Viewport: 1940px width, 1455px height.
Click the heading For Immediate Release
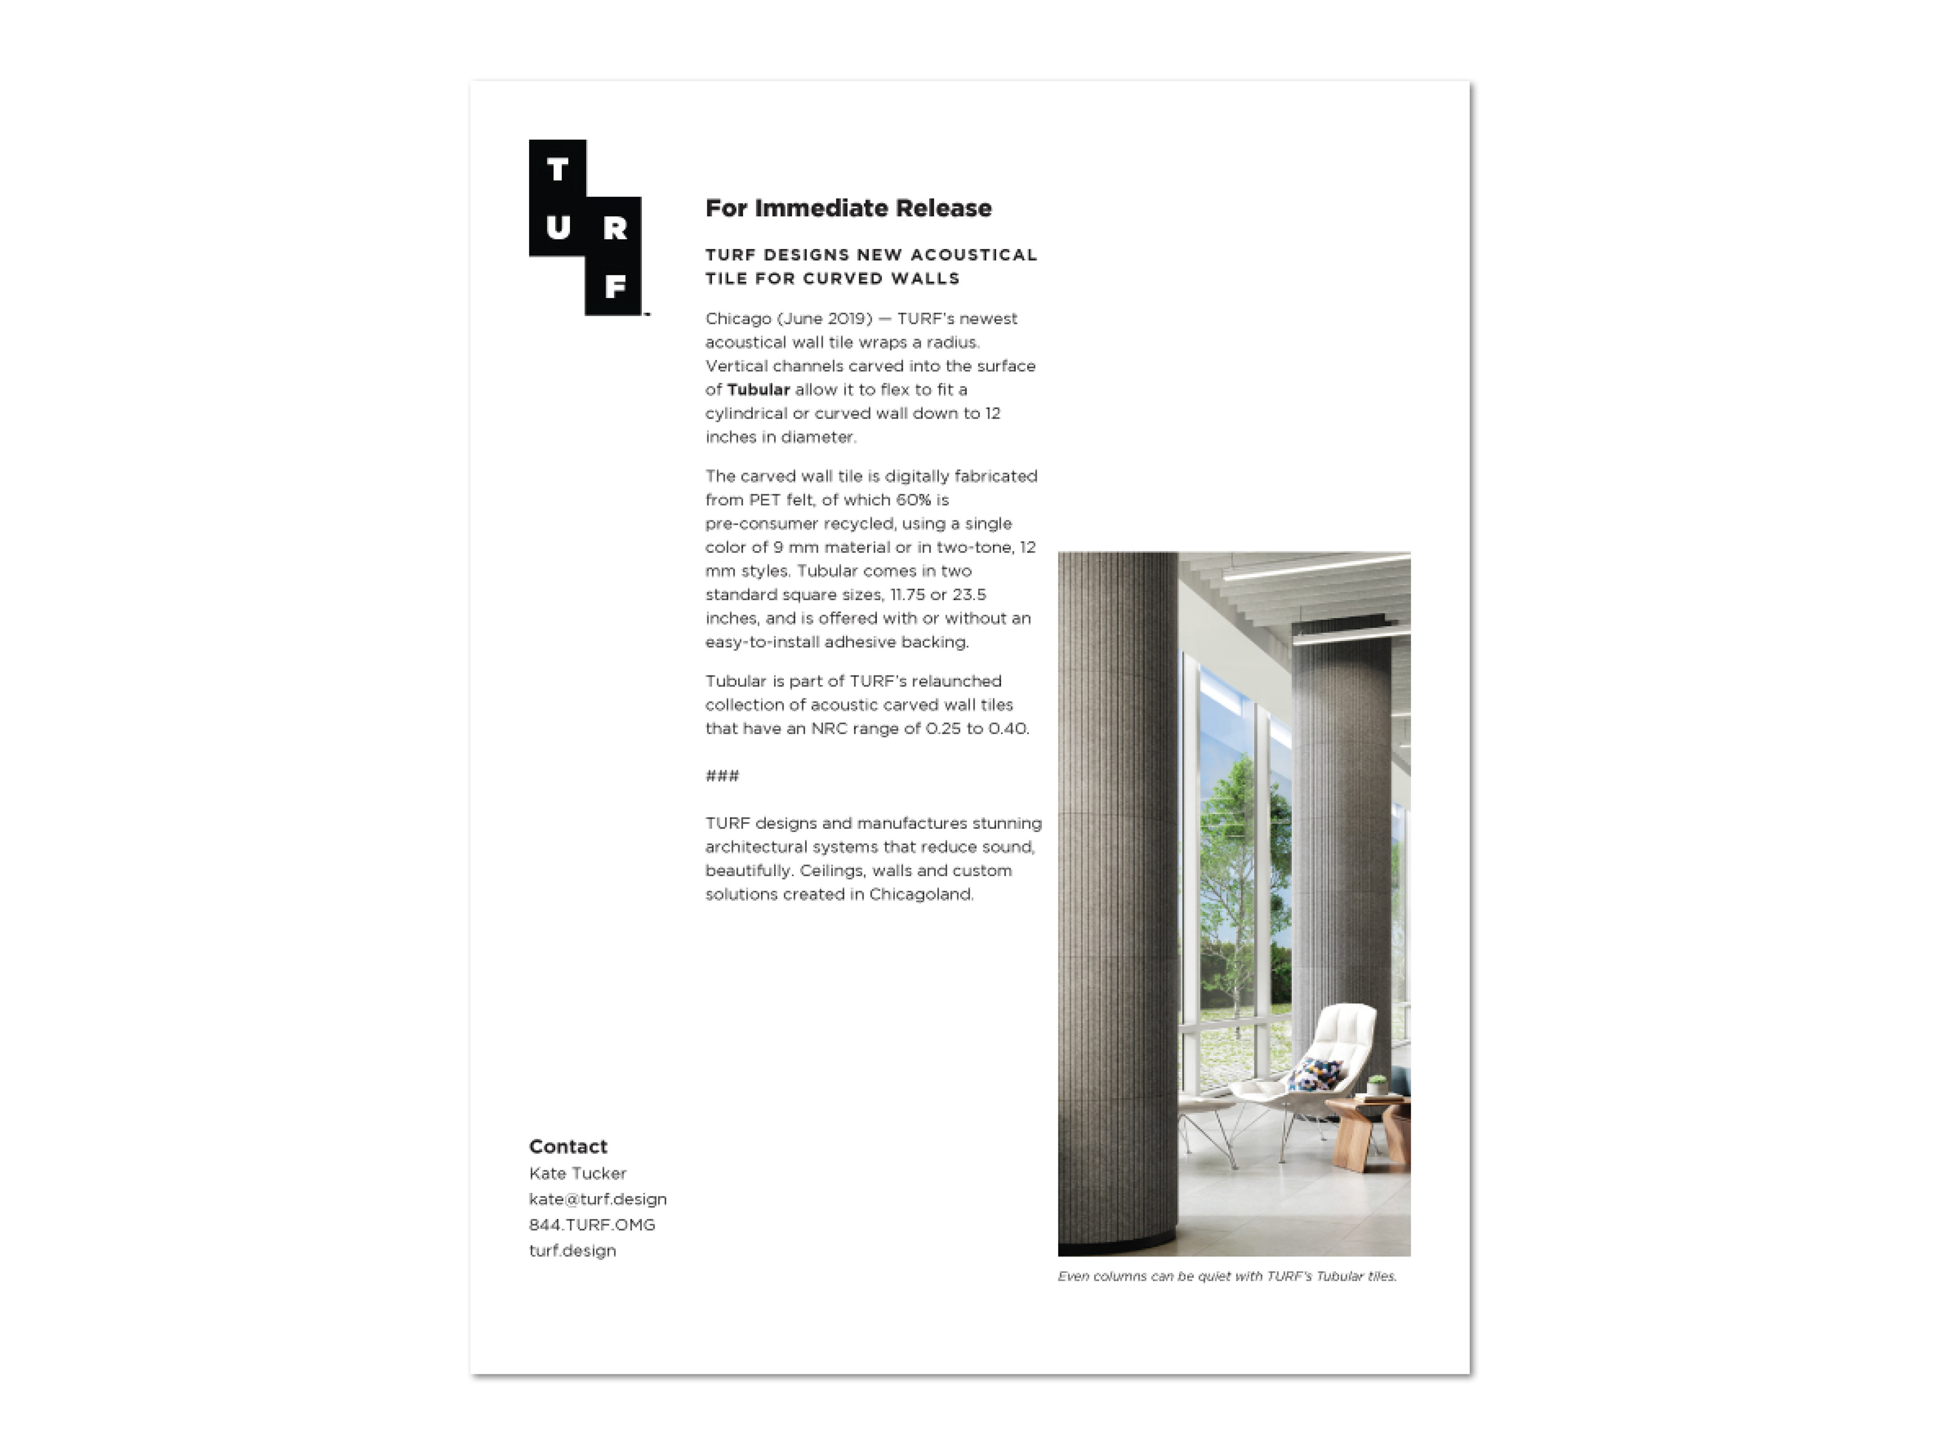(x=848, y=209)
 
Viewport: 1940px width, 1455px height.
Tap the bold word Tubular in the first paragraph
(x=758, y=390)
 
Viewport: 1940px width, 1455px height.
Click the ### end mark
(x=722, y=776)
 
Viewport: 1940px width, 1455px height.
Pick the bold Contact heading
(x=567, y=1146)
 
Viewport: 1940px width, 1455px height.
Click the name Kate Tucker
(x=577, y=1174)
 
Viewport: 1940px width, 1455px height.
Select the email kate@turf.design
(x=597, y=1199)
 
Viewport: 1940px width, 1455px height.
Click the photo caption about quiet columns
(x=1226, y=1276)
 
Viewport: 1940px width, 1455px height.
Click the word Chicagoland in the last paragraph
(x=921, y=895)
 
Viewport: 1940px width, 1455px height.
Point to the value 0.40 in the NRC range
(x=1008, y=729)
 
